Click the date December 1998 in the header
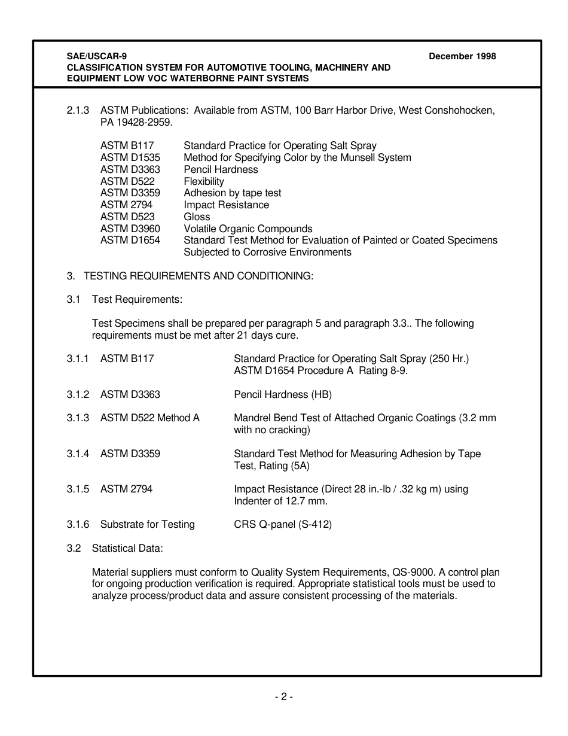point(462,56)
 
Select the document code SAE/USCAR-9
point(96,56)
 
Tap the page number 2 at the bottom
point(283,697)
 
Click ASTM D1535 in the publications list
point(130,157)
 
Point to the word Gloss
point(197,217)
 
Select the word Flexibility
point(204,181)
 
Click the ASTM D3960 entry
point(130,229)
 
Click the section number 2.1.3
point(78,110)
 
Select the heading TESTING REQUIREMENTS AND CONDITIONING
point(198,276)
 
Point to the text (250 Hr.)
point(449,358)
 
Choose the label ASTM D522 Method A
point(150,418)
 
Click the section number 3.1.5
point(78,489)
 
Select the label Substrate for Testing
point(148,524)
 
